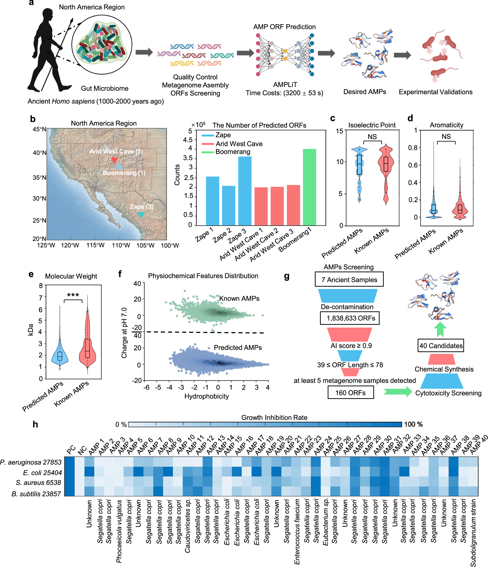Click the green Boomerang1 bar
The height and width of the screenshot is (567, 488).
pyautogui.click(x=309, y=187)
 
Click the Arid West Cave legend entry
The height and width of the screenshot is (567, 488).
pyautogui.click(x=239, y=144)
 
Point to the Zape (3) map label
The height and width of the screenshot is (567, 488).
pyautogui.click(x=141, y=207)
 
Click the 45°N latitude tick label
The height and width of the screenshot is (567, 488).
pyautogui.click(x=39, y=129)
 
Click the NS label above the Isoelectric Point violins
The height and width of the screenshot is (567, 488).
pyautogui.click(x=372, y=137)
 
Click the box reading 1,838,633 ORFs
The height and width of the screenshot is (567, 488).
pyautogui.click(x=349, y=318)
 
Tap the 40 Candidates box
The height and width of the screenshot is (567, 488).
pyautogui.click(x=440, y=346)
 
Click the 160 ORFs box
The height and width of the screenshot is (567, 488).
pyautogui.click(x=350, y=393)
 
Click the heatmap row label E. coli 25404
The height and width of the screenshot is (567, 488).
pyautogui.click(x=42, y=473)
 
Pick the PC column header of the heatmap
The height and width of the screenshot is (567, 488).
pyautogui.click(x=71, y=449)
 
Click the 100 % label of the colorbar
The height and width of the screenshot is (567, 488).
pyautogui.click(x=413, y=424)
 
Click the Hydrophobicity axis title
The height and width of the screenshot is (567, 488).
pyautogui.click(x=206, y=396)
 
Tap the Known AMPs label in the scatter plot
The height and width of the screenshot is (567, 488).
pyautogui.click(x=239, y=298)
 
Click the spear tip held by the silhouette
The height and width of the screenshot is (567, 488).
pyautogui.click(x=72, y=21)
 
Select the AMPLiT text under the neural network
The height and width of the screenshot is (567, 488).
pyautogui.click(x=285, y=85)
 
